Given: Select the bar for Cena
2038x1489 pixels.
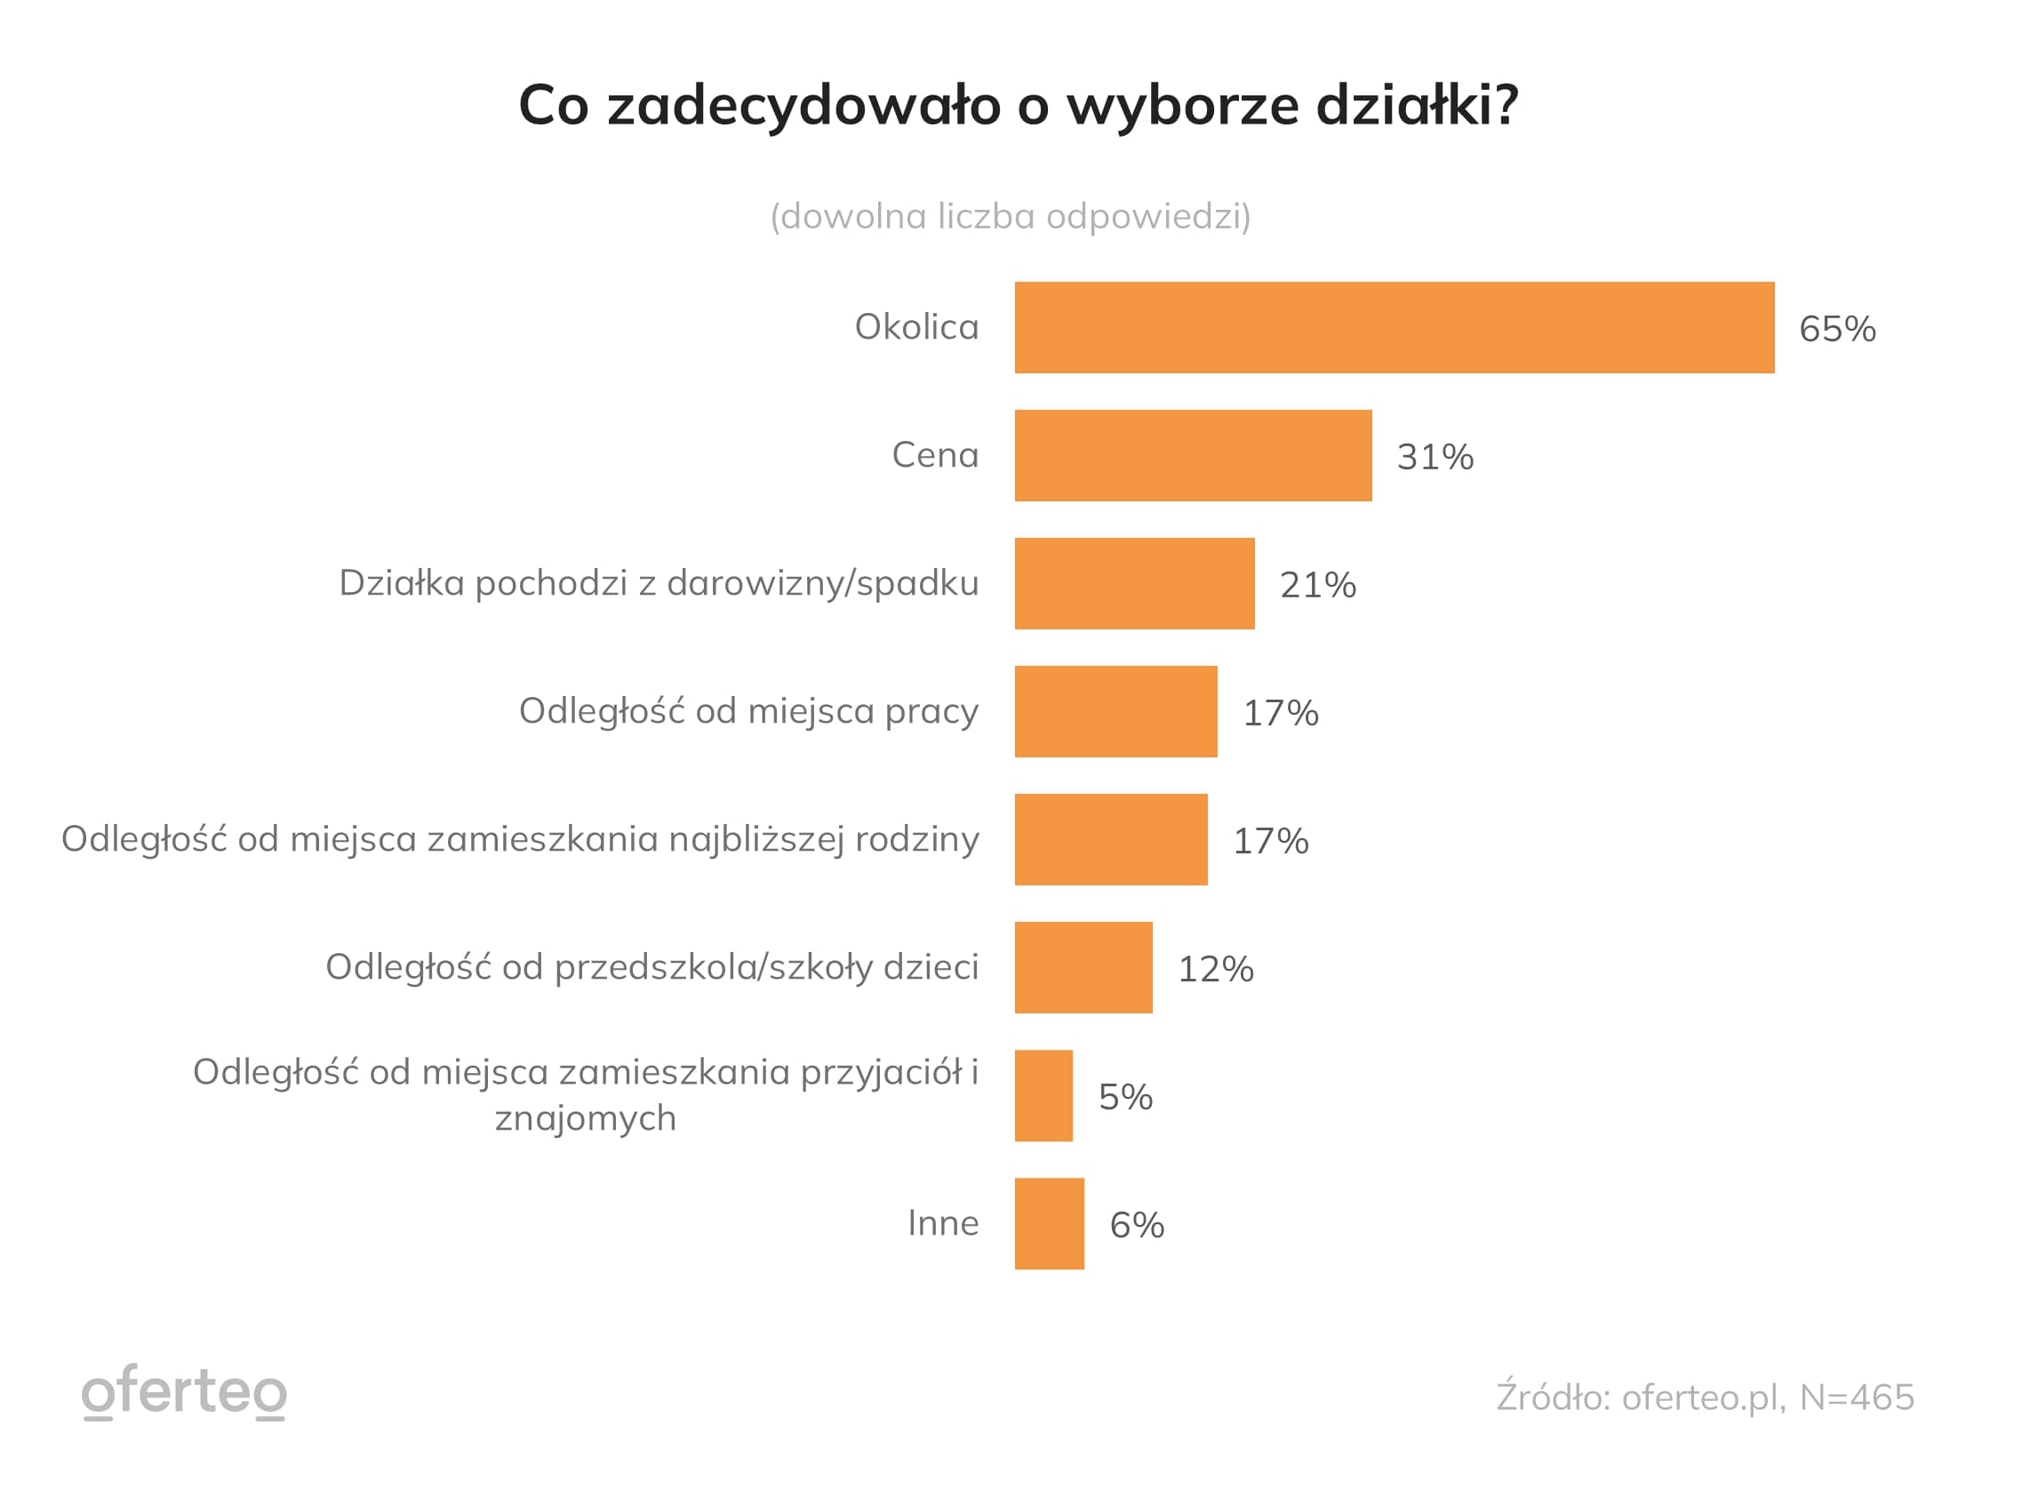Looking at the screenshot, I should [1192, 455].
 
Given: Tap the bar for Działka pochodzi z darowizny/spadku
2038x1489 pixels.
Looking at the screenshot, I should [1133, 583].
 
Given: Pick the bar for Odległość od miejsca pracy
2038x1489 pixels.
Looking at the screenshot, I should [1115, 711].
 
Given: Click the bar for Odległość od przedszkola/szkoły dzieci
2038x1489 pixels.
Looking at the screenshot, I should [1082, 967].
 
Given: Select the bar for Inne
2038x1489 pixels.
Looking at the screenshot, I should [1048, 1223].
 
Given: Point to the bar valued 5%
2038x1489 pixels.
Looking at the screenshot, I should [1043, 1095].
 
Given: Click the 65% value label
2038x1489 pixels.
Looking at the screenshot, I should [1836, 329].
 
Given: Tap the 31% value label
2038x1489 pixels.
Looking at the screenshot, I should [1435, 457].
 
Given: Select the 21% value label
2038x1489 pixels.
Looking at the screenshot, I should [1317, 585].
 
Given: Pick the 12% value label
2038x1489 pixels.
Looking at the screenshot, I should [1214, 969].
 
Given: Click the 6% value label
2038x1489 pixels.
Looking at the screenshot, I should [1136, 1225].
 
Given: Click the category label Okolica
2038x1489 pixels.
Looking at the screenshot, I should [915, 326].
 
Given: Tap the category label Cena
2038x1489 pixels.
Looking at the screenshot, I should [934, 454].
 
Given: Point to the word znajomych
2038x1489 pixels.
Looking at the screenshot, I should [585, 1118].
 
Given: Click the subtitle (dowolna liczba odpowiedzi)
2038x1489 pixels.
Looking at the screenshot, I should [1009, 216].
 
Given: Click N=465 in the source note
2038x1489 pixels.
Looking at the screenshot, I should [1856, 1397].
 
